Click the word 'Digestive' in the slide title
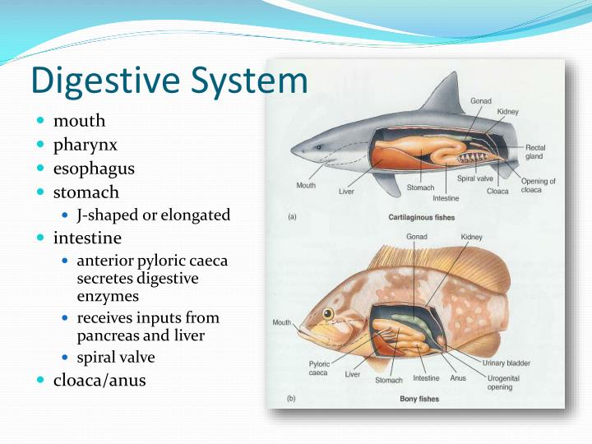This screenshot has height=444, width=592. click(x=98, y=81)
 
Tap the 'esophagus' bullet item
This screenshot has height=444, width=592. click(x=94, y=169)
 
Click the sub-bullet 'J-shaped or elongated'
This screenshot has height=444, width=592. click(x=153, y=215)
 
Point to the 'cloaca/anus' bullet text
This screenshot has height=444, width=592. click(x=99, y=380)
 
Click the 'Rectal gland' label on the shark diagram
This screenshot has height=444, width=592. click(x=534, y=152)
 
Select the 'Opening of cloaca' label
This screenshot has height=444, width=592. click(x=538, y=185)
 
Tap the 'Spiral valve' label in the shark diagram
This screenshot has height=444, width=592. click(x=475, y=178)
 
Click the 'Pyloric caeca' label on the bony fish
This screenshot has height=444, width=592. click(x=319, y=368)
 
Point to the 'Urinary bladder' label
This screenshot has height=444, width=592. click(x=506, y=363)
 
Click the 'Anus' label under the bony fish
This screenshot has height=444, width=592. click(x=458, y=378)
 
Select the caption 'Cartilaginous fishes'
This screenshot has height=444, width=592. click(x=422, y=217)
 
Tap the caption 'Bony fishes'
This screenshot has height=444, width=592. click(x=419, y=399)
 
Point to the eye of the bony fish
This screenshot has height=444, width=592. click(x=328, y=314)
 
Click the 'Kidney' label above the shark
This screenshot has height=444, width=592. click(x=507, y=112)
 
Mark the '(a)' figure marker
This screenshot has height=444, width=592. click(x=291, y=217)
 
